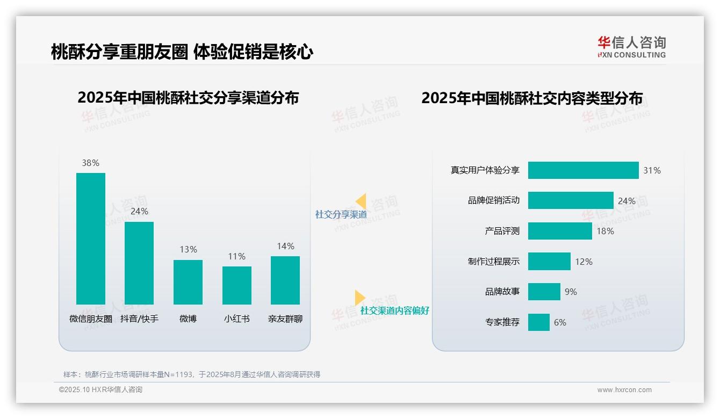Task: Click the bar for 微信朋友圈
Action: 91,239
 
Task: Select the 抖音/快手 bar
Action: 139,263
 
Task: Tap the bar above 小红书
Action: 237,285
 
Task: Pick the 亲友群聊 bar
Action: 285,280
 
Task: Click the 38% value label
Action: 91,163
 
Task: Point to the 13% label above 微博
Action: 188,249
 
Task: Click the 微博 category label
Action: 188,319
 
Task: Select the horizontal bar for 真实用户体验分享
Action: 583,170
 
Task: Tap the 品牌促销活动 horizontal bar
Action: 571,200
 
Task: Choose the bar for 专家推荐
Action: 538,322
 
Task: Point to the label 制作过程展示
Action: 494,262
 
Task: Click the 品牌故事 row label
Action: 502,292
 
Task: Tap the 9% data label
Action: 571,292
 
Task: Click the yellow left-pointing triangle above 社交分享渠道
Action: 361,201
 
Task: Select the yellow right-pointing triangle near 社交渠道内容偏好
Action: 359,298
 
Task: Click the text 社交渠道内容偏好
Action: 395,310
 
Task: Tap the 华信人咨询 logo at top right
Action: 631,47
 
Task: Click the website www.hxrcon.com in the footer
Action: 624,390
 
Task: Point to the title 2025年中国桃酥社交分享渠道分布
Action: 188,98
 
